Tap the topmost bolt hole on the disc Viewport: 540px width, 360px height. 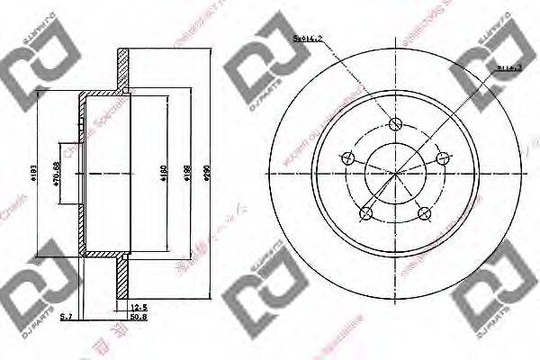[x=393, y=125]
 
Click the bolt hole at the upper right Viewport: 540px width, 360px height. [x=441, y=158]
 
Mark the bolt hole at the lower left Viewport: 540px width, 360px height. [x=365, y=213]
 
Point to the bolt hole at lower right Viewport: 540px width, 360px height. [x=424, y=213]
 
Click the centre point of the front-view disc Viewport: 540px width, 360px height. [x=394, y=174]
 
